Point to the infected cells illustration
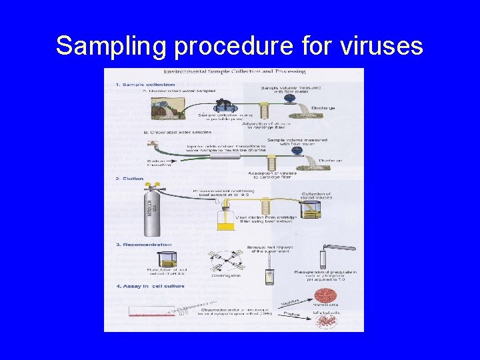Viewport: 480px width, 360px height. pos(327,321)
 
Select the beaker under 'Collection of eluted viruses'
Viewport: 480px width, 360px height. pos(309,211)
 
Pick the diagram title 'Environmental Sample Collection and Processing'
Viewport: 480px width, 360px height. pos(233,71)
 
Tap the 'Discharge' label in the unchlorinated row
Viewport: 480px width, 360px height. pos(323,107)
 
